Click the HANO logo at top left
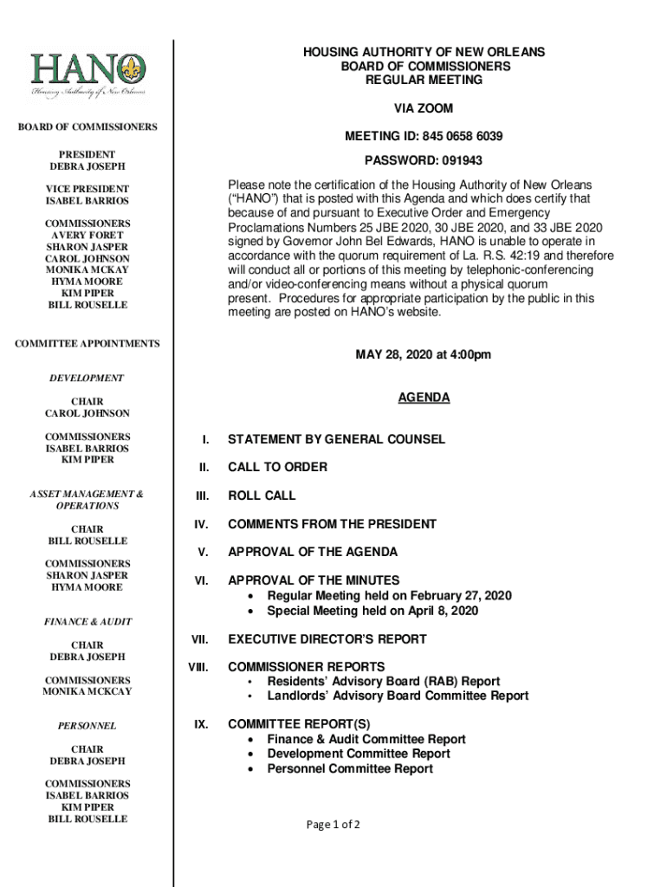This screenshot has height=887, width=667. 87,76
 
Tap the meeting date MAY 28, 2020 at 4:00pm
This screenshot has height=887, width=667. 424,355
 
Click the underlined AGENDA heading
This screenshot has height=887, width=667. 424,398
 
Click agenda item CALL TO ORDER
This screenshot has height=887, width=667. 277,467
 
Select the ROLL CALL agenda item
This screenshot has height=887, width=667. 262,495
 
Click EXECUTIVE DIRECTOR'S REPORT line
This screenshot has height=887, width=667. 327,639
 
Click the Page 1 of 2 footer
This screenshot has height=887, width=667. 333,825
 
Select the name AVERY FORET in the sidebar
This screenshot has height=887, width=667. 87,235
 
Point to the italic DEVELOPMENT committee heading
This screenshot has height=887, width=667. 87,379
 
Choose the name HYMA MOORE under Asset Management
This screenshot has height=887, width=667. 87,587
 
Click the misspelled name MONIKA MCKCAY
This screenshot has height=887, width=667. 87,692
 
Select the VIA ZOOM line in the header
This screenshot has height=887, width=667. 424,108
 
